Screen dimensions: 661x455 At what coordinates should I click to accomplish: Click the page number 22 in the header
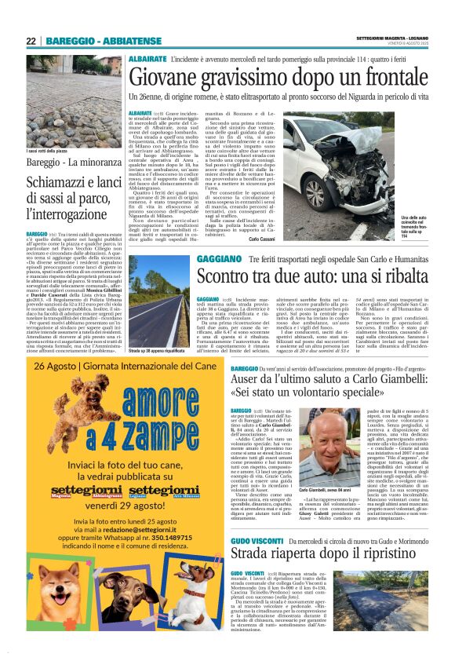(31, 41)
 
